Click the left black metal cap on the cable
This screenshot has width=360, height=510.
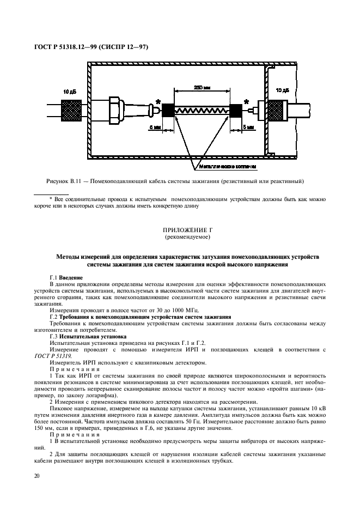[x=168, y=110]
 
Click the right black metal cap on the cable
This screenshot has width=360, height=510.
[x=236, y=110]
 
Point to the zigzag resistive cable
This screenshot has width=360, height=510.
[x=202, y=110]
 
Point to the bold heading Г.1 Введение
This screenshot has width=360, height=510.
[x=66, y=277]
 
